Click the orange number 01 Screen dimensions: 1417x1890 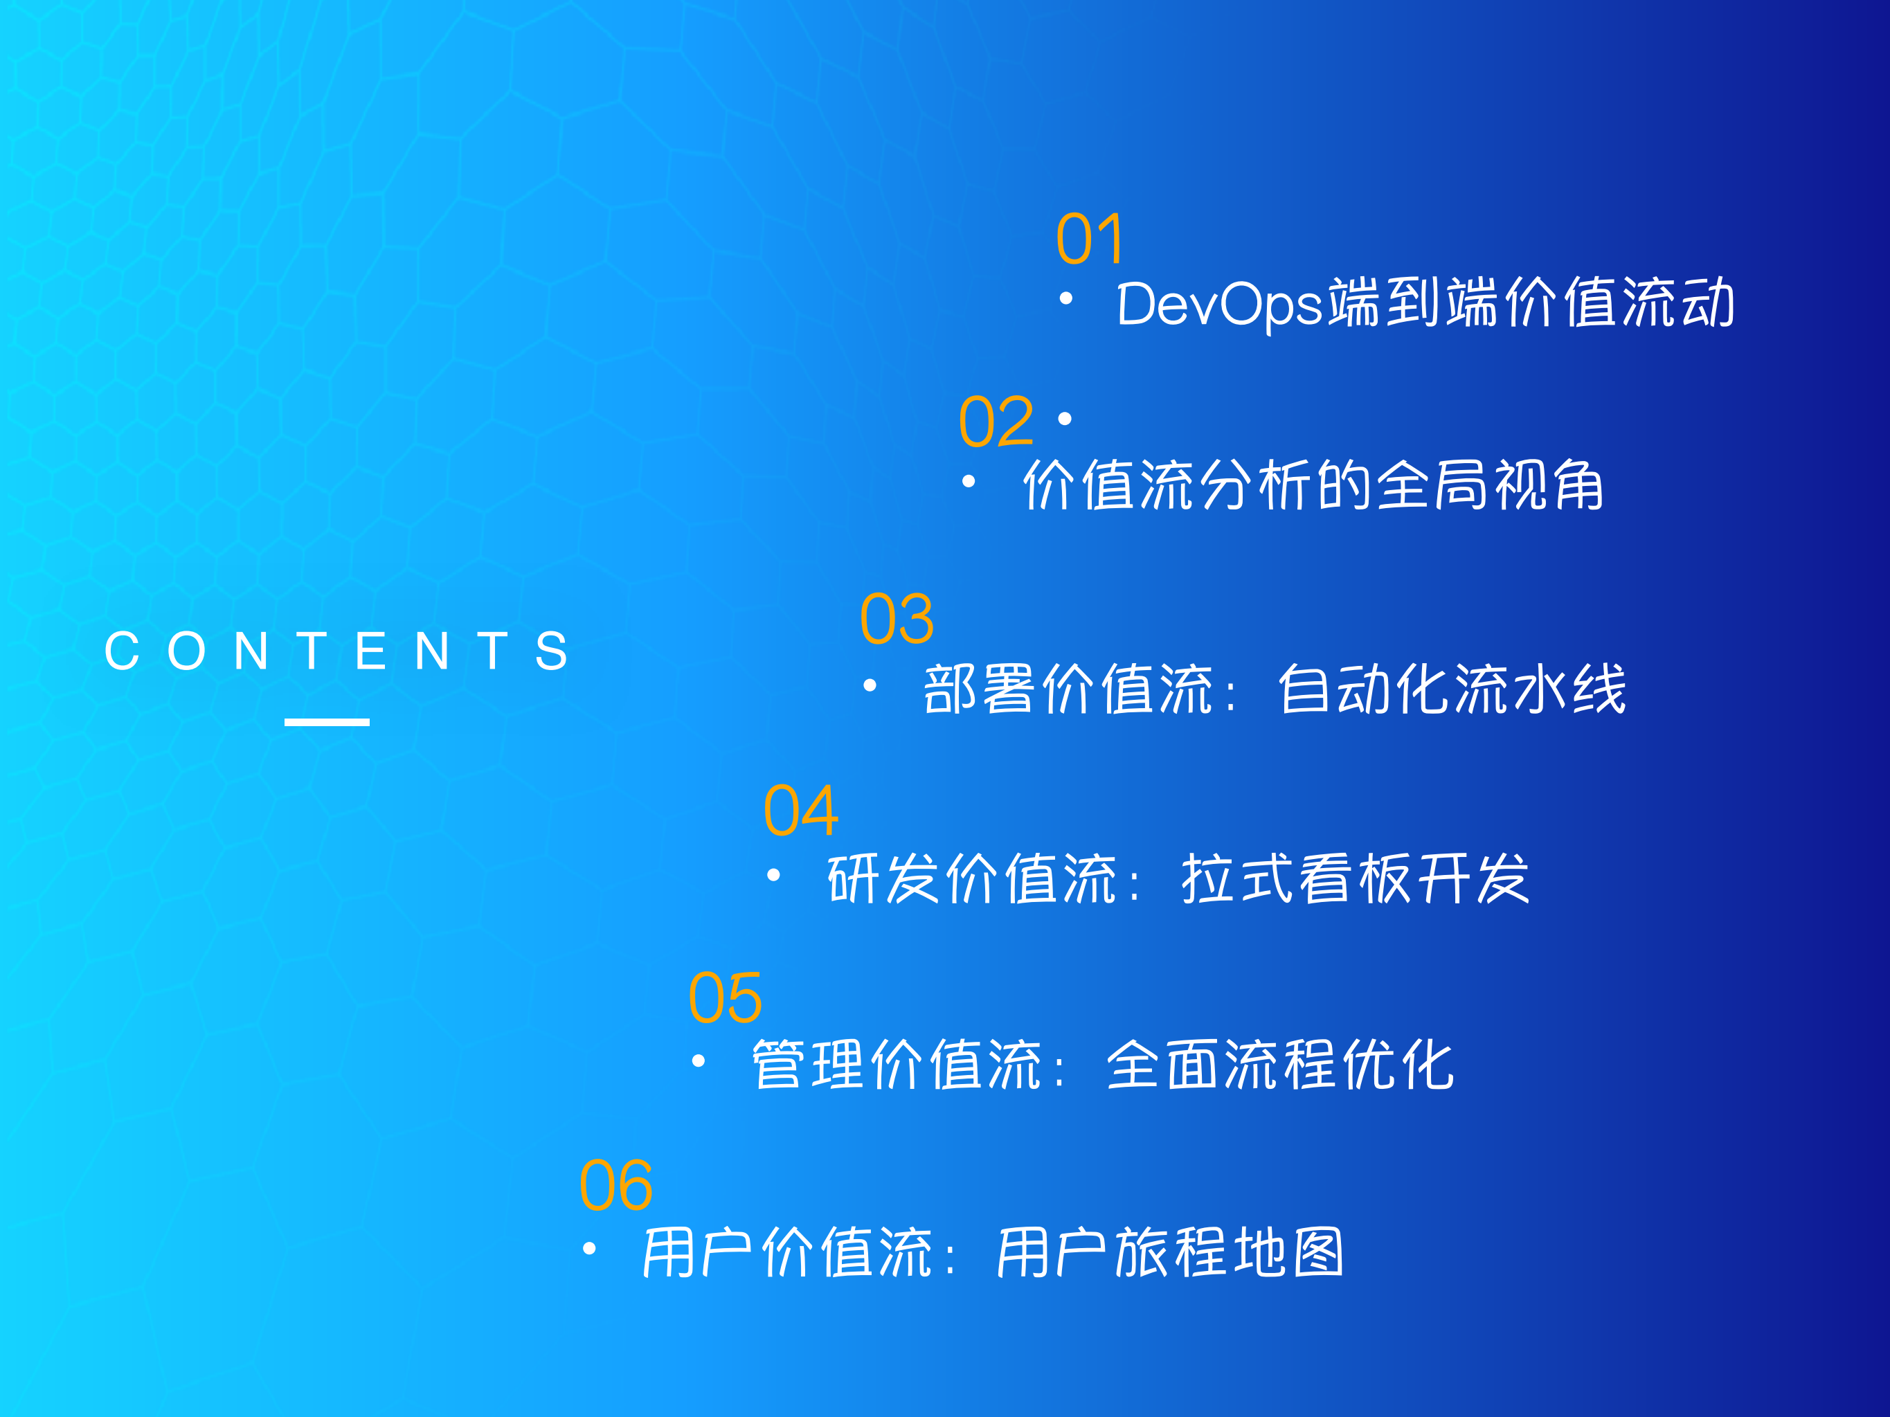click(x=1090, y=238)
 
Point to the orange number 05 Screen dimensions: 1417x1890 click(x=725, y=998)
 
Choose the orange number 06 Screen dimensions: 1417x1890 click(x=616, y=1186)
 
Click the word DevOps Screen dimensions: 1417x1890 click(x=1219, y=304)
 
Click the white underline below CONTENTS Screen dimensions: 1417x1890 click(x=326, y=722)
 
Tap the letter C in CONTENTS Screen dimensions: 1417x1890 click(x=121, y=651)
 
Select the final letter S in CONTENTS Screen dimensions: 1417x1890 click(x=551, y=651)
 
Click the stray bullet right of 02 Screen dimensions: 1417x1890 click(x=1065, y=419)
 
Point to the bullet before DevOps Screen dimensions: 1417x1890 click(x=1065, y=298)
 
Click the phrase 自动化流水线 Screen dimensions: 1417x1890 click(x=1451, y=689)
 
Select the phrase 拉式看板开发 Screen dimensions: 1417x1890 click(x=1354, y=879)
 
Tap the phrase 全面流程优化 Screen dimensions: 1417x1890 click(x=1279, y=1065)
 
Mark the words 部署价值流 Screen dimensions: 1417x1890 click(x=1068, y=689)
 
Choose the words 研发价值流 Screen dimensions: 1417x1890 click(x=972, y=879)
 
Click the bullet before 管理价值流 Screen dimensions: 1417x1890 click(x=698, y=1061)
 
